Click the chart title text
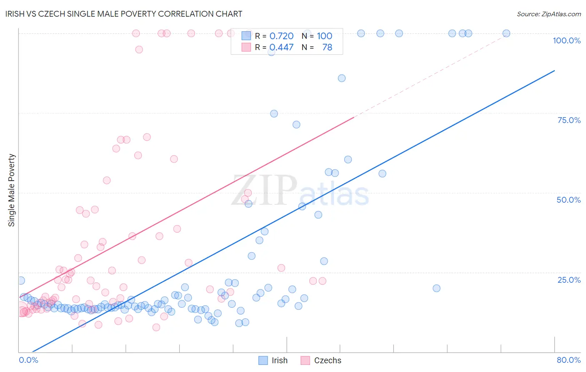point(124,14)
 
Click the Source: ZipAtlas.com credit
point(548,14)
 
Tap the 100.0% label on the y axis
point(566,40)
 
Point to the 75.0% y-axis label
point(569,120)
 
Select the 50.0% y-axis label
point(568,200)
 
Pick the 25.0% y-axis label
point(569,280)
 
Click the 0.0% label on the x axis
point(28,360)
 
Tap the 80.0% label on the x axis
point(568,360)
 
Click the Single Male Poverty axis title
point(12,190)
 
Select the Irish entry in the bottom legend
point(279,360)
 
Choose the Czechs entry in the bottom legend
point(327,360)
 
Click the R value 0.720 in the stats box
point(281,36)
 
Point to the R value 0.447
point(281,48)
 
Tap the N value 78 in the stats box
point(327,48)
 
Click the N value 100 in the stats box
point(324,36)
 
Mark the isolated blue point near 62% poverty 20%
point(436,288)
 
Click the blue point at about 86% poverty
point(342,78)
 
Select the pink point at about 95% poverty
point(139,49)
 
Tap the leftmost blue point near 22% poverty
point(21,281)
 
